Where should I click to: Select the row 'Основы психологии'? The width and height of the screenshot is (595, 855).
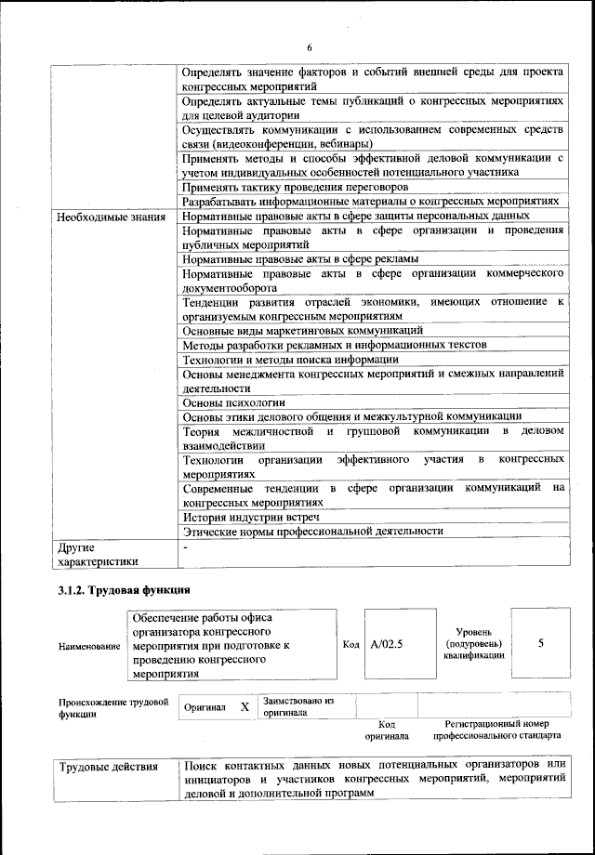coord(233,402)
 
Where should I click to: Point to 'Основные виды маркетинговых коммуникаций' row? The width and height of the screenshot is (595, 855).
coord(303,330)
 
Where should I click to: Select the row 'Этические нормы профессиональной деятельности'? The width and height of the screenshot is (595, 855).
coord(312,531)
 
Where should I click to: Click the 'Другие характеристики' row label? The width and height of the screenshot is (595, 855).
coord(98,554)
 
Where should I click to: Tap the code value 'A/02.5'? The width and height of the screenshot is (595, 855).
coord(387,643)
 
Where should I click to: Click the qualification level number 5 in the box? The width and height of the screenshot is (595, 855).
coord(540,643)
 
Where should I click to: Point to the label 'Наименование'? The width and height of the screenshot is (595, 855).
coord(89,645)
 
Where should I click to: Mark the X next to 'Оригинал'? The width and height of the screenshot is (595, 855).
coord(245,706)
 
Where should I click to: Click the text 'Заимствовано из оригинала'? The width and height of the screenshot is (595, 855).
coord(298,705)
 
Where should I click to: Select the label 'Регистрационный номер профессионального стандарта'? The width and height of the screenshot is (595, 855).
coord(496,730)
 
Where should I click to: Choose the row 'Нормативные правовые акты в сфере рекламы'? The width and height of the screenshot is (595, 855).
coord(299,258)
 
